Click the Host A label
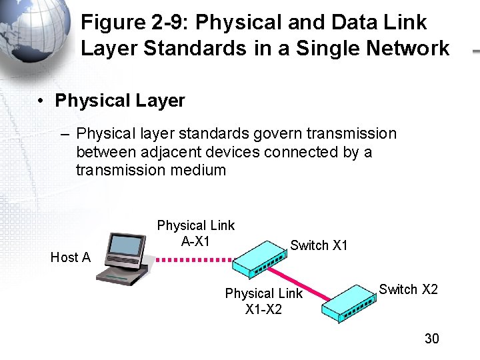(71, 257)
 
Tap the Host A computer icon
(124, 258)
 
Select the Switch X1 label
(319, 245)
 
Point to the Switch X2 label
(408, 289)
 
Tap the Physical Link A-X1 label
(195, 233)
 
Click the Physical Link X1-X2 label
(263, 301)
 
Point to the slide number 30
(432, 339)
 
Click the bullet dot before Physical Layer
(41, 101)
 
